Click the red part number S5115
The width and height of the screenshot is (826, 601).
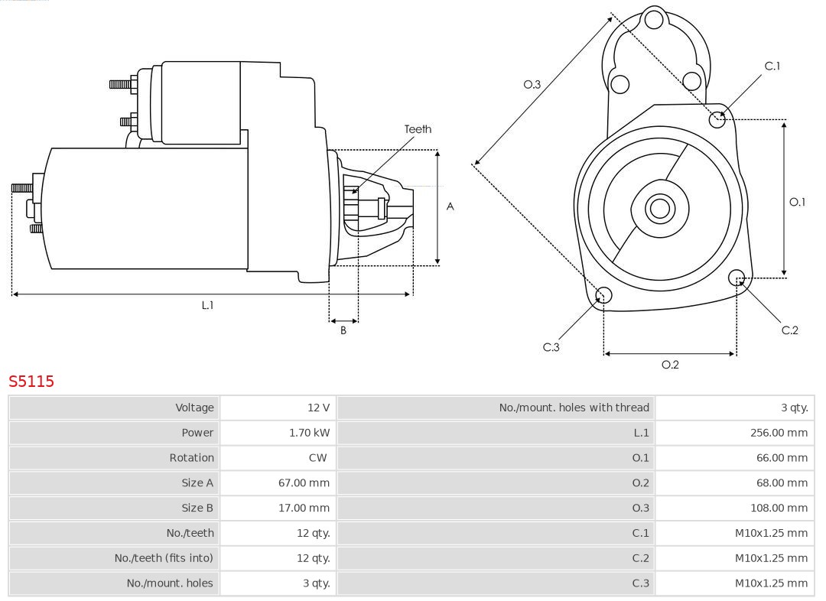(31, 381)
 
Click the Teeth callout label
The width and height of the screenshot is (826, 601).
(418, 129)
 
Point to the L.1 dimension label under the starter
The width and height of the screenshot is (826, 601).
(207, 305)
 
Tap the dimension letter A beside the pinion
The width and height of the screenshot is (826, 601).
(450, 206)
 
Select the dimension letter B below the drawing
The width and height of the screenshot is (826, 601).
(343, 330)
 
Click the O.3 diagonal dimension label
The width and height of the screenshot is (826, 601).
(532, 85)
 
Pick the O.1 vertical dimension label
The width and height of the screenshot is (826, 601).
(797, 202)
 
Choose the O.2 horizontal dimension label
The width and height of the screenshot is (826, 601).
(670, 365)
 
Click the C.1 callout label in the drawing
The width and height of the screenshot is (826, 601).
(772, 67)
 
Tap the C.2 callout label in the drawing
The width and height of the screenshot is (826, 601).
(789, 330)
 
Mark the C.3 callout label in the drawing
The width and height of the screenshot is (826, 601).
(551, 347)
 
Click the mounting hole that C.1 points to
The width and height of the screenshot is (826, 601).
(717, 119)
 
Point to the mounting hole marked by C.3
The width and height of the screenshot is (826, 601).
(603, 295)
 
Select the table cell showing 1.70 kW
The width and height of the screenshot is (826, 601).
(309, 433)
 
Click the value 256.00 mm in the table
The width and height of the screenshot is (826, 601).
(779, 433)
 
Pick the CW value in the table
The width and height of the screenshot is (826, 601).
(317, 458)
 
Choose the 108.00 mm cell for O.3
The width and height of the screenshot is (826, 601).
(779, 508)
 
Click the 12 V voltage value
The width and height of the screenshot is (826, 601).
(319, 408)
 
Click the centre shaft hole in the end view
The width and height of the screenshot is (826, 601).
(659, 208)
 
